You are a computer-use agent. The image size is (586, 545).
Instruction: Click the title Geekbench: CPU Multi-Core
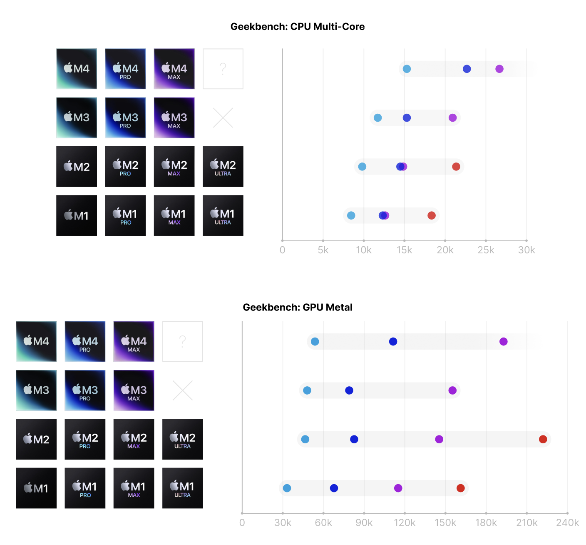coord(298,27)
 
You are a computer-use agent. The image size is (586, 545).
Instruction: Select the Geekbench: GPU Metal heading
coord(298,307)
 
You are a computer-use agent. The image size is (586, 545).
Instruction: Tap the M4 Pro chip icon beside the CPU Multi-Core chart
coord(125,69)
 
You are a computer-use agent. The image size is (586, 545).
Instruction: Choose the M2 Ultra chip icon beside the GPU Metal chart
coord(182,439)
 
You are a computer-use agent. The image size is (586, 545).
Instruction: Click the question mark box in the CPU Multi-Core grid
coord(223,69)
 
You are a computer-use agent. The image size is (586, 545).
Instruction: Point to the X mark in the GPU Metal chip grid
coord(182,390)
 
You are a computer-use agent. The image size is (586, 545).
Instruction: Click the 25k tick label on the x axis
coord(486,250)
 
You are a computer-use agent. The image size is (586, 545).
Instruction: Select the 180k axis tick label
coord(486,522)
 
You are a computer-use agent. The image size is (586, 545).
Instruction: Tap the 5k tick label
coord(323,250)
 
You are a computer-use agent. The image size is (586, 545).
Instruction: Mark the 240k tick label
coord(567,522)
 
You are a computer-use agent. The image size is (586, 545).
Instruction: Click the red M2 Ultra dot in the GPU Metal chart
coord(543,439)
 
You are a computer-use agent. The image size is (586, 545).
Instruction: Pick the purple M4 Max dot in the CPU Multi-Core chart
coord(499,69)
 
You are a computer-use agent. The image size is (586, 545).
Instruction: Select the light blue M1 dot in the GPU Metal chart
coord(287,488)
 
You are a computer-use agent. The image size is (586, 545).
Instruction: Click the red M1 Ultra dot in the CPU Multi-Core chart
coord(432,215)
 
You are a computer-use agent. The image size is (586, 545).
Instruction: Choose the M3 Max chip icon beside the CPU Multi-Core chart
coord(174,117)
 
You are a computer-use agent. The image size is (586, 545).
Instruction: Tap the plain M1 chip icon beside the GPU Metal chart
coord(36,488)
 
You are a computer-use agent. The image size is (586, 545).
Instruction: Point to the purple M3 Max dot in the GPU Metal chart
coord(452,390)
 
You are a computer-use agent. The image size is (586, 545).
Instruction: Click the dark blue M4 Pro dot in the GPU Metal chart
coord(393,342)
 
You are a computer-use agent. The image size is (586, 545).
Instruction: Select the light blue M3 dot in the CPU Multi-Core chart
coord(377,117)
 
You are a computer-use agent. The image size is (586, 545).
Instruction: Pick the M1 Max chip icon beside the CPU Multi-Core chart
coord(174,215)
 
